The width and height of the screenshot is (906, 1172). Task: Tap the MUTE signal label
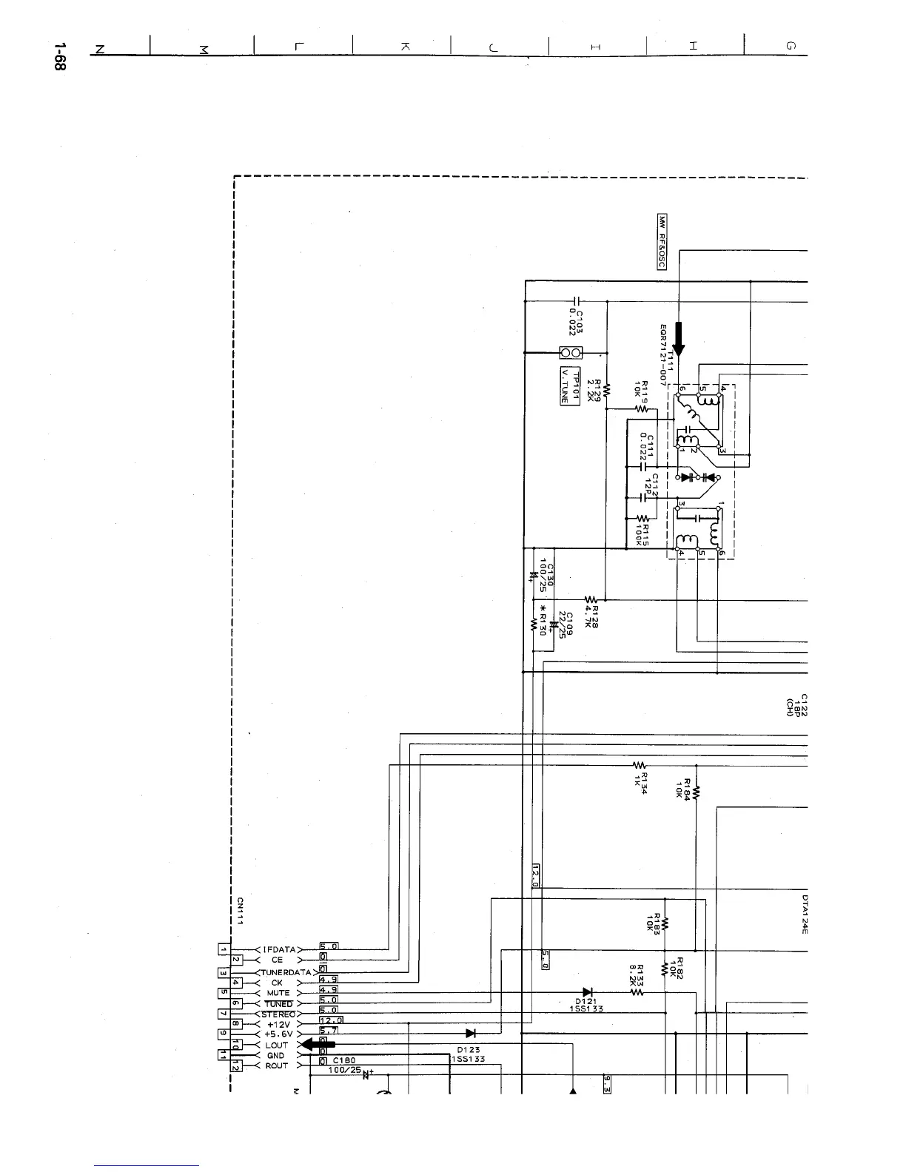coord(278,993)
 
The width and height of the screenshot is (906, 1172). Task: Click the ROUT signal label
coord(277,1066)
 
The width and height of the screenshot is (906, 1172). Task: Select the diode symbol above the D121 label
coord(587,992)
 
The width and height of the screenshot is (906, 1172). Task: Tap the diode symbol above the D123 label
coord(470,1034)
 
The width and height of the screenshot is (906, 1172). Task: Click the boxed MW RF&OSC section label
coord(662,243)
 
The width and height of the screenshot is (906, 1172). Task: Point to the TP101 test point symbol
coord(569,353)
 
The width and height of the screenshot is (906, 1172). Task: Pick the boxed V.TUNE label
coord(564,386)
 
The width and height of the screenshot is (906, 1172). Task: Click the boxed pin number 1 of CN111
coord(223,949)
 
